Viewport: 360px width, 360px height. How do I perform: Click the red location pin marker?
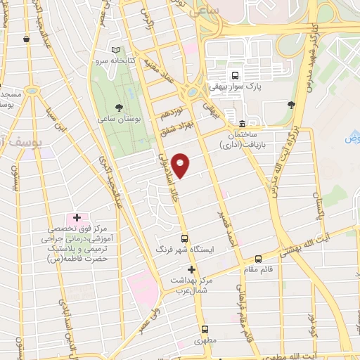pos(181,165)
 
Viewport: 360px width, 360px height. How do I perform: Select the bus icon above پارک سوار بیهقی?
pos(235,75)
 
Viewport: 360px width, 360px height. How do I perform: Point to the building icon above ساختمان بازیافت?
pos(241,124)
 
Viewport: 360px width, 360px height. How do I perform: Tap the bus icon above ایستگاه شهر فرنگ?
pos(184,238)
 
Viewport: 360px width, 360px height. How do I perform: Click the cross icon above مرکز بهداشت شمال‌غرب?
pos(191,269)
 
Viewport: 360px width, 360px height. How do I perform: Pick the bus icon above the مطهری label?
pos(205,329)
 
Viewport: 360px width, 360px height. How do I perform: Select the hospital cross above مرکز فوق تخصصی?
pos(77,218)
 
